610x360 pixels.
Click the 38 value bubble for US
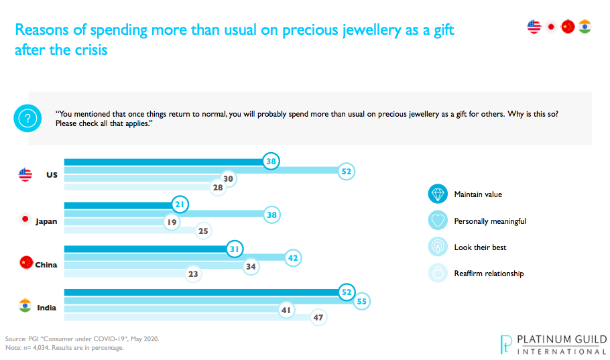click(271, 162)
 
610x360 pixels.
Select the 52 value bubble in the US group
click(345, 172)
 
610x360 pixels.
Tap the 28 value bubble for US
click(217, 189)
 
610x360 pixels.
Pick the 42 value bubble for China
click(292, 257)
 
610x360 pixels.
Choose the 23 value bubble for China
click(193, 274)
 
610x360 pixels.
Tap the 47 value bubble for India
click(318, 318)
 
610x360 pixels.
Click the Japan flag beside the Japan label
click(25, 219)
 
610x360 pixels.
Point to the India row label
click(48, 308)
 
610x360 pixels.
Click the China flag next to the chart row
click(26, 262)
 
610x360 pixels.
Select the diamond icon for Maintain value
click(437, 194)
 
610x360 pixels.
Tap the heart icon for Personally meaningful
click(437, 221)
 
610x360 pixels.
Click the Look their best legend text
click(480, 247)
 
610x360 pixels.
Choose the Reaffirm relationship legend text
click(489, 274)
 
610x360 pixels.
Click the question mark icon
click(27, 118)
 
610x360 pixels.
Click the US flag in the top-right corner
click(534, 27)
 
